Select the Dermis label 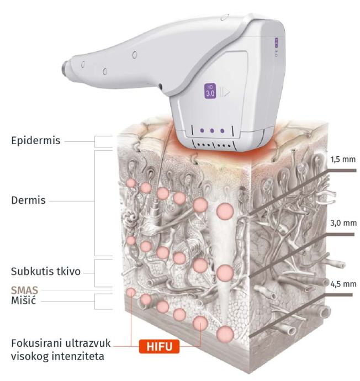28,200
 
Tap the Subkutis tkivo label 46,272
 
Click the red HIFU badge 160,346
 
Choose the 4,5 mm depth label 342,284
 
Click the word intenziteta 81,356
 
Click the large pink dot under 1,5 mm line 225,211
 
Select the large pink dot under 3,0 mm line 225,273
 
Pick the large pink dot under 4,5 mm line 225,333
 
